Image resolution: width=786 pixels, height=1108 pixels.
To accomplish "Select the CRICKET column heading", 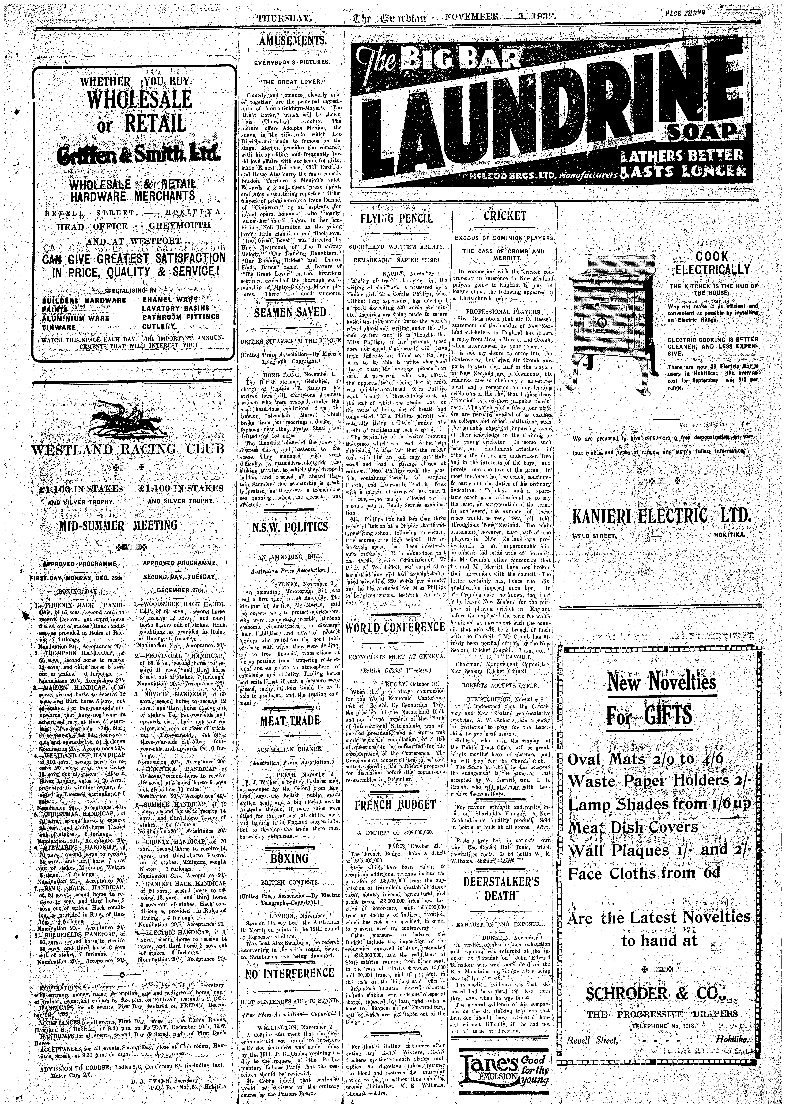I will tap(504, 216).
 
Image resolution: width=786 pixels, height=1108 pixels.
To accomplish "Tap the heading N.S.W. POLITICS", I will tap(291, 526).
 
